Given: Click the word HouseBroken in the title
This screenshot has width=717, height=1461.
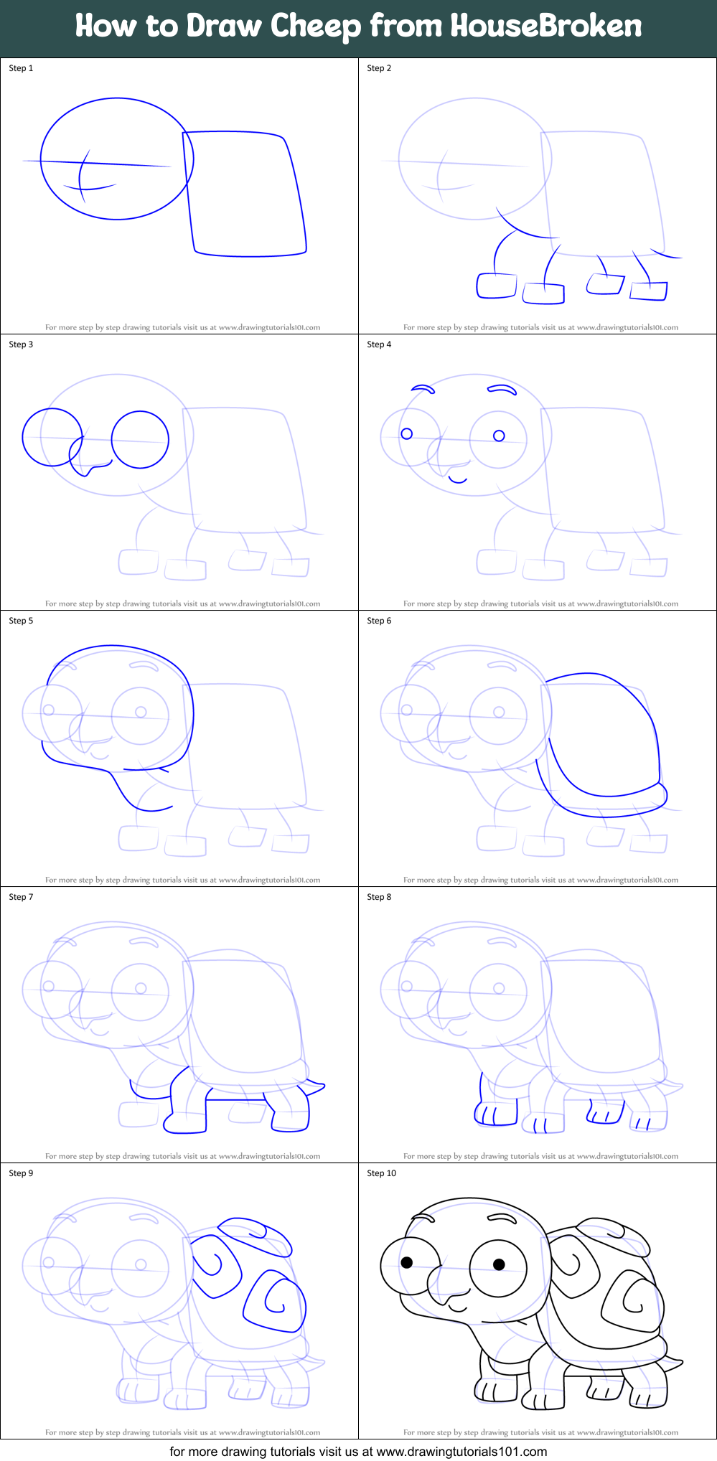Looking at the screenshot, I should pos(546,27).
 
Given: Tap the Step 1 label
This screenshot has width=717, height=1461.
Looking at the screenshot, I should pos(21,68).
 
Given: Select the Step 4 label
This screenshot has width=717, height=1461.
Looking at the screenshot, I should pos(379,344).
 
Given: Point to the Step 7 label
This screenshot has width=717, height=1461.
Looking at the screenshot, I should pos(21,897).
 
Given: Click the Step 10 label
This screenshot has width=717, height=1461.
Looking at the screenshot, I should pos(381,1173).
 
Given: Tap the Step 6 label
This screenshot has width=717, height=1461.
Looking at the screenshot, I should pos(379,621).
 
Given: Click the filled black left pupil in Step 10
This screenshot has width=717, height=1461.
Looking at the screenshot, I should pos(407,1263).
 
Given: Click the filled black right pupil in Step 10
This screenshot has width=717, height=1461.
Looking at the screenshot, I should pos(499,1264).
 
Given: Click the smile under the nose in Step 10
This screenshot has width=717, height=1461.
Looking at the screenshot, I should pos(458,1307).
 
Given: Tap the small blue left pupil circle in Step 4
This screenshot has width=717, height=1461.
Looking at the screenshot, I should pos(407,433).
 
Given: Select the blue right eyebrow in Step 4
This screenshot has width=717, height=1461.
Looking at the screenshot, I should pos(502,390).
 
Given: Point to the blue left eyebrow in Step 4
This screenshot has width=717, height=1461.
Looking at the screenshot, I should pos(423,389).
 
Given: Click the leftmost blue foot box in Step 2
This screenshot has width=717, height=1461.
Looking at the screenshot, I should pos(497,285).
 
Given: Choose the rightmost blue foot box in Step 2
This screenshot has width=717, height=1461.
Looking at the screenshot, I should pos(649,291).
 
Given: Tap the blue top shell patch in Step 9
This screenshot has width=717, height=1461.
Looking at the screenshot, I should pos(255,1234).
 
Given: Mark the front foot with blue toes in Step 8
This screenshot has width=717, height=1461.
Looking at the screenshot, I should pos(495,1114).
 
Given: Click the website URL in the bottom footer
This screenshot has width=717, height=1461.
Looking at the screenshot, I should pos(461,1452).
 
